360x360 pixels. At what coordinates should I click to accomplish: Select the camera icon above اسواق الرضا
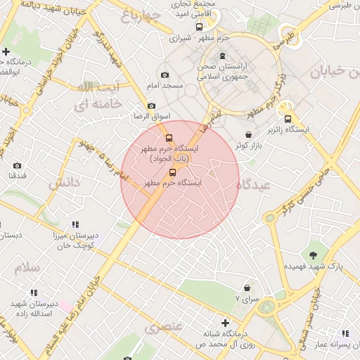point(151,105)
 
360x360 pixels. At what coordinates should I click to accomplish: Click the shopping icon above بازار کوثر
point(248,134)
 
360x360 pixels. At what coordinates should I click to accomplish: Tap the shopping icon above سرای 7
point(247,287)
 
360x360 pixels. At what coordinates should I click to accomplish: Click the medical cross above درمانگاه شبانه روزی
point(224,323)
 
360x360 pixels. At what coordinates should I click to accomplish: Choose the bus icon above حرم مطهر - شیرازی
point(199,27)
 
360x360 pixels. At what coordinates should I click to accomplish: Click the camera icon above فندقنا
point(17,165)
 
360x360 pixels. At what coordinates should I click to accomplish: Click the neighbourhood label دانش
point(64,184)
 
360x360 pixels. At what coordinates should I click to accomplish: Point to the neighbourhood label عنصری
point(163,327)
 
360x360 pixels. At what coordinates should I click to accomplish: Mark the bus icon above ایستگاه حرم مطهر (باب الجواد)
point(168,138)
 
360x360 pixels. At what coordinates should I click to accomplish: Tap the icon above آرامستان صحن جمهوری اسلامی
point(223,56)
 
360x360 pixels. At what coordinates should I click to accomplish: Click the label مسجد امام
point(164,86)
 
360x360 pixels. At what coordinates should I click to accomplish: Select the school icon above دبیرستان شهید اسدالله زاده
point(33,292)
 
